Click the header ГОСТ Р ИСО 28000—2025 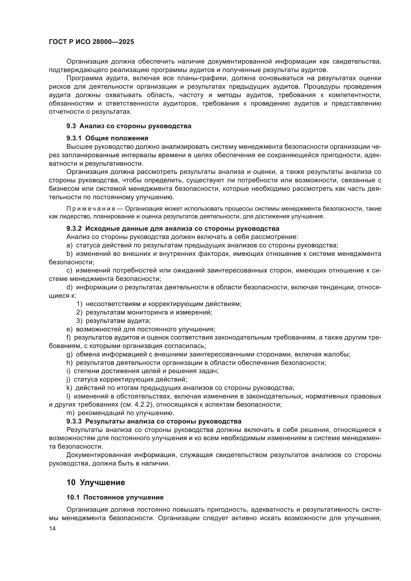91,42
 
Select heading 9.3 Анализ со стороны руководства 129,126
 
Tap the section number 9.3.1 74,138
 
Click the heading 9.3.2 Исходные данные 173,229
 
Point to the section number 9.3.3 74,421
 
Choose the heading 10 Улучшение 96,483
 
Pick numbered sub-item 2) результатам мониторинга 144,312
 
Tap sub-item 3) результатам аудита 114,321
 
